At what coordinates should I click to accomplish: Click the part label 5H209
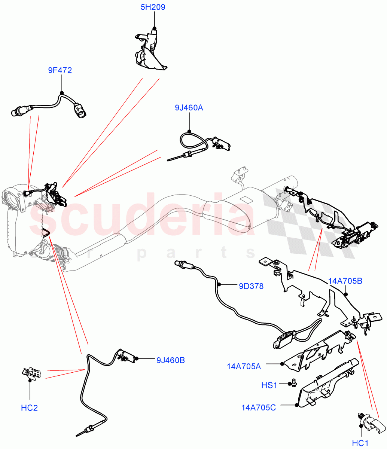[153, 7]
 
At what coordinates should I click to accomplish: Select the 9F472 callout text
[60, 70]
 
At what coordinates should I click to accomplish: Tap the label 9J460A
[189, 108]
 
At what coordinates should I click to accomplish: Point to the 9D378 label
[251, 286]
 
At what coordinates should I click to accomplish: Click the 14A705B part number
[345, 281]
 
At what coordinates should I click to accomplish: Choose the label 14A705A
[244, 366]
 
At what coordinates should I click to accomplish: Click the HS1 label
[269, 385]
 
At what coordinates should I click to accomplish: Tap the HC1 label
[361, 443]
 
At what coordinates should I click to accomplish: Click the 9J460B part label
[171, 360]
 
